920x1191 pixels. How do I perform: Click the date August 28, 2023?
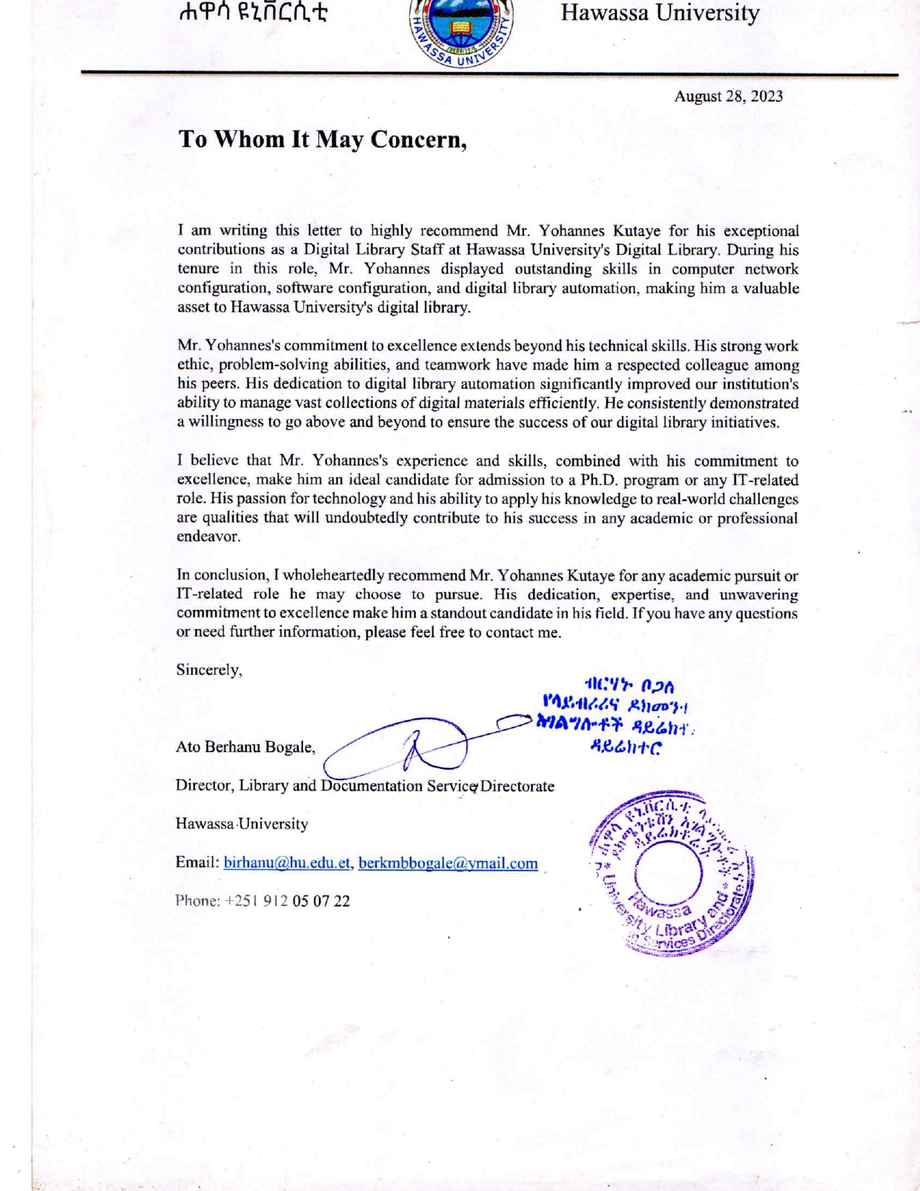(x=728, y=97)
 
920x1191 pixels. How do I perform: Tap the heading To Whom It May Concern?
(x=323, y=139)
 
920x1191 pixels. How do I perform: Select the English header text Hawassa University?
(x=660, y=13)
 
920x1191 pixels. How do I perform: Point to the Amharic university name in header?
(x=254, y=13)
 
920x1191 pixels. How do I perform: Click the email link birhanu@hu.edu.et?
(x=287, y=863)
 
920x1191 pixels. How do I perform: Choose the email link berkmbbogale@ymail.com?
(x=448, y=863)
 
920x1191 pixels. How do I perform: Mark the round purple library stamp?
(x=670, y=873)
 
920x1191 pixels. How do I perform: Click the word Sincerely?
(x=209, y=670)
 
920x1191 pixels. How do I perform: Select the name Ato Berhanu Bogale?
(x=245, y=747)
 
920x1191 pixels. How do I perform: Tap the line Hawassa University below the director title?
(x=242, y=824)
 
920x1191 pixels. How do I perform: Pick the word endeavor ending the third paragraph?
(x=209, y=537)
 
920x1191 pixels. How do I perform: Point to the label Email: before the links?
(x=197, y=863)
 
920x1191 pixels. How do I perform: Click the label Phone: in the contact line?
(x=197, y=901)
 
